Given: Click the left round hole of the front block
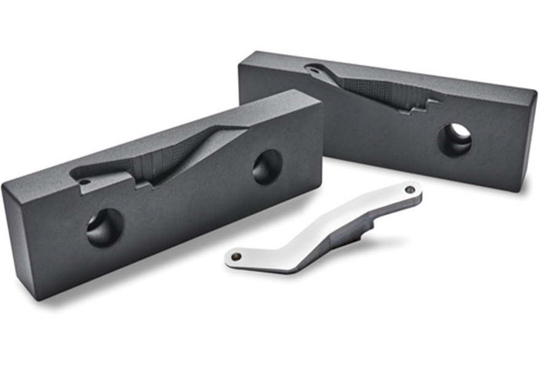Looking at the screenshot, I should point(104,228).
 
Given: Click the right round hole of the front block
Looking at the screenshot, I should point(267,166).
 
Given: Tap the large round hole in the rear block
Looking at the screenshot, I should point(455,140).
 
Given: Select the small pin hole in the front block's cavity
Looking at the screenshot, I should point(85,182).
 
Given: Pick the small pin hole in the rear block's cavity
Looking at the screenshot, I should point(314,71).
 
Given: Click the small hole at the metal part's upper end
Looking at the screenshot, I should point(409,190).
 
